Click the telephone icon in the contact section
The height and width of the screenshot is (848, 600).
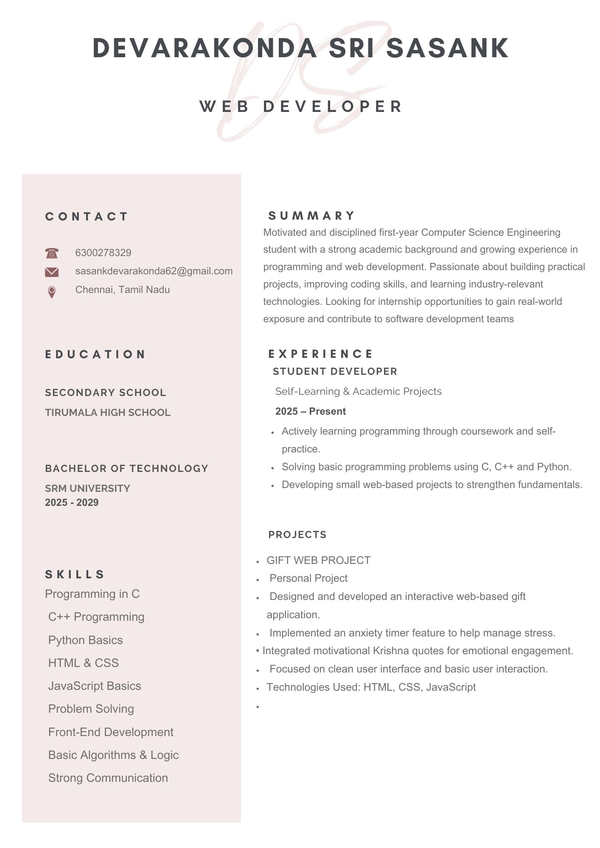coord(51,253)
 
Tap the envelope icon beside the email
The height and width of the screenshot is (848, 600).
coord(51,272)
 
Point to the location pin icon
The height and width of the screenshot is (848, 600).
coord(51,292)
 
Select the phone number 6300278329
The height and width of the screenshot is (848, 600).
coord(103,253)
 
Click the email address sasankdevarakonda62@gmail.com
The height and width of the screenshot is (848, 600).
coord(154,271)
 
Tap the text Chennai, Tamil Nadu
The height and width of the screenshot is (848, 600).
coord(122,290)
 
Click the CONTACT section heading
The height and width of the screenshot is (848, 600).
coord(87,217)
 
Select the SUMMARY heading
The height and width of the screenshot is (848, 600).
coord(312,216)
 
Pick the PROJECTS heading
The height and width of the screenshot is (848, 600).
coord(297,535)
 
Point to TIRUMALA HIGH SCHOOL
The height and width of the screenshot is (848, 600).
coord(108,413)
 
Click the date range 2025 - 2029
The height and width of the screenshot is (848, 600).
coord(72,502)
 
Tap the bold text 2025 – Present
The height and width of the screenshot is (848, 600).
coord(310,411)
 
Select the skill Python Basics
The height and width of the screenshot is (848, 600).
coord(85,640)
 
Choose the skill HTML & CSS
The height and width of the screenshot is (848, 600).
coord(83,663)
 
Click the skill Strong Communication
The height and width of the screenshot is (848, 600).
coord(108,778)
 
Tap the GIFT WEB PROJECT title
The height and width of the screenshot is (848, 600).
coord(318,560)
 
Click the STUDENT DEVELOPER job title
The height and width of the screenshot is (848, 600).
coord(335,371)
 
